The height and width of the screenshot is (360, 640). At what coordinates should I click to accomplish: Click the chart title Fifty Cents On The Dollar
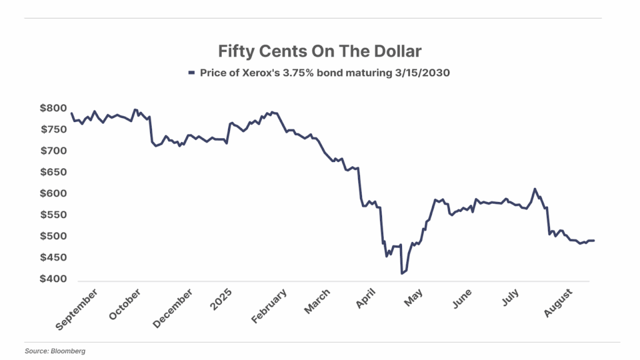tap(319, 50)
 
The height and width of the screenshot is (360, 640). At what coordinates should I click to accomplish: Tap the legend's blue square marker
tap(192, 72)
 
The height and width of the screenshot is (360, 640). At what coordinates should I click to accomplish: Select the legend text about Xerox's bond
tap(325, 72)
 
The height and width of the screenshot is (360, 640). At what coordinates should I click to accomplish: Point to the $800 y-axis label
tap(54, 108)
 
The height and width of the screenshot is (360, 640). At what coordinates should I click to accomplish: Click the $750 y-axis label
tap(54, 129)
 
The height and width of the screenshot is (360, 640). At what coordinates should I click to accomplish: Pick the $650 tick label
tap(54, 172)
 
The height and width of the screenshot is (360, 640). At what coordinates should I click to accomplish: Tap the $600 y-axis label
tap(54, 194)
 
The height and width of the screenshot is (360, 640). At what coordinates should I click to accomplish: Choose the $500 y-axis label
tap(54, 236)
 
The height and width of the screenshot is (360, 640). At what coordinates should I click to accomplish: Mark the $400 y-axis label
tap(54, 279)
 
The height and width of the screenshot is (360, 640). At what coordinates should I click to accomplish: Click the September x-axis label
tap(77, 309)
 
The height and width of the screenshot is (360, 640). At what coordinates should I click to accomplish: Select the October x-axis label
tap(125, 306)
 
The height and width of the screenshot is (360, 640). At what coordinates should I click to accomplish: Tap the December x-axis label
tap(172, 308)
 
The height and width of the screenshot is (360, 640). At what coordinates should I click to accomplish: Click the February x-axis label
tap(269, 306)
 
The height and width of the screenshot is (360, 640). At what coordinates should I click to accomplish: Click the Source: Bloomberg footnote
tap(55, 351)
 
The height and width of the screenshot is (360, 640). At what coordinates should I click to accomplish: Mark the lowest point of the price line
tap(401, 274)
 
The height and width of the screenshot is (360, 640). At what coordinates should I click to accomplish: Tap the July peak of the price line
tap(534, 189)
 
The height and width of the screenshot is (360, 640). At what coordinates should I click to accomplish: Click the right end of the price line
tap(594, 241)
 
